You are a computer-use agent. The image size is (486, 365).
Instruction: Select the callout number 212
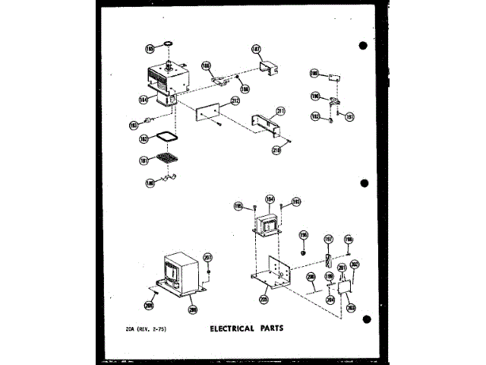click(235, 100)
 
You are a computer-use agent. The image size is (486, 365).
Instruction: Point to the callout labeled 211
click(280, 111)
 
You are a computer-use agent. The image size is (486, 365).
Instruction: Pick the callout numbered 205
click(264, 299)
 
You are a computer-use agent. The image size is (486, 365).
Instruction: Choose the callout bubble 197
click(329, 240)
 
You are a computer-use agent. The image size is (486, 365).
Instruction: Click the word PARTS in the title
click(279, 330)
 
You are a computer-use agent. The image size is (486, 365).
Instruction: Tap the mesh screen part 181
click(165, 159)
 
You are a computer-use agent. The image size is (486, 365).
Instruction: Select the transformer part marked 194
click(268, 226)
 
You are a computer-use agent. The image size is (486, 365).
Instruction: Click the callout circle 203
click(351, 307)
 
